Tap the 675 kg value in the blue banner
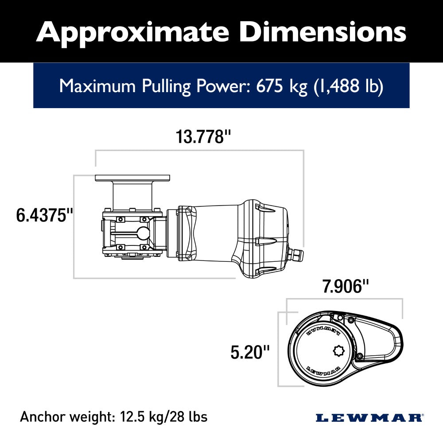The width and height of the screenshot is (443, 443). [282, 85]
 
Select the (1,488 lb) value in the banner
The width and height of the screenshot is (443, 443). [348, 85]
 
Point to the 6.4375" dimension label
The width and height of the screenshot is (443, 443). [44, 216]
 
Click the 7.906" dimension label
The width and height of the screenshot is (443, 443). [346, 286]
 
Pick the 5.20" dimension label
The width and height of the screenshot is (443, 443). [250, 353]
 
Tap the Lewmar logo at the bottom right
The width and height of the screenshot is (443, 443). [369, 417]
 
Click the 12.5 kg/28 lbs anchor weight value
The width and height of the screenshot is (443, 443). [163, 417]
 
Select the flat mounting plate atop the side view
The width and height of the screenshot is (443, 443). [132, 178]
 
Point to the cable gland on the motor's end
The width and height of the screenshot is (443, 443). [295, 255]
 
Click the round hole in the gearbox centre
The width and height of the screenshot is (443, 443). [143, 233]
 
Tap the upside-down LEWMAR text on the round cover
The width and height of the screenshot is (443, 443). [323, 330]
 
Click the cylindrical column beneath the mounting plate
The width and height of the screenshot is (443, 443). [132, 195]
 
